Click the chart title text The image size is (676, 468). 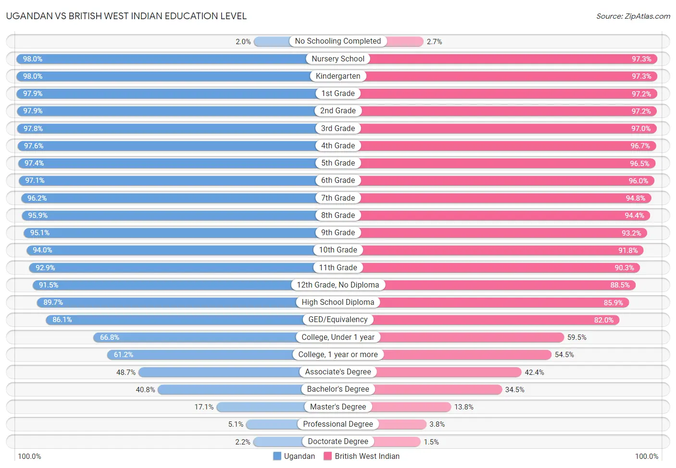126,16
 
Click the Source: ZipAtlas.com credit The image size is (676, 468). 633,16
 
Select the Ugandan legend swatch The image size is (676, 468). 277,456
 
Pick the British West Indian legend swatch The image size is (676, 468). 328,456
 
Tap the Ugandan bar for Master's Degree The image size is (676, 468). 260,407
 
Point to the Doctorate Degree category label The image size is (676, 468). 338,442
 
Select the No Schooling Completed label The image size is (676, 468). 338,41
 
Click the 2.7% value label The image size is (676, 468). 434,42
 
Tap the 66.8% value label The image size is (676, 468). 110,337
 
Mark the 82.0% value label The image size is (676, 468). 603,320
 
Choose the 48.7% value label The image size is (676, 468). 126,372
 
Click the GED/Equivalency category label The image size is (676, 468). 338,320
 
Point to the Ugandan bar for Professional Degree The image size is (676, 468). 272,424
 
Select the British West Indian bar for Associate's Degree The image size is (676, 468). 449,372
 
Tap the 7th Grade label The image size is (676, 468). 338,198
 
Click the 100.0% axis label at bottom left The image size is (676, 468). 29,456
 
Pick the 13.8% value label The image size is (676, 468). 463,407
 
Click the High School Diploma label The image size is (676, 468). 338,302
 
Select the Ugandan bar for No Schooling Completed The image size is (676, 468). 272,42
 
